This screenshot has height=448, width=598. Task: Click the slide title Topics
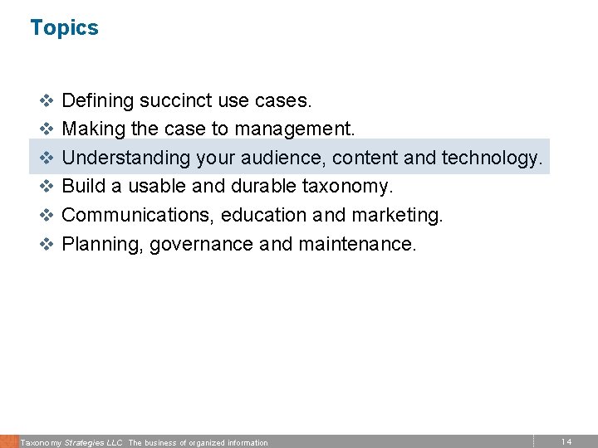coord(64,28)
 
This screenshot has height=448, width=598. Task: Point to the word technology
coord(492,158)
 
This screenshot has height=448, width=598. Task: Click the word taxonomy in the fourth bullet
coord(350,187)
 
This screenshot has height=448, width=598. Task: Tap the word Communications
coord(131,216)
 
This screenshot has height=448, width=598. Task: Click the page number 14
coord(566,441)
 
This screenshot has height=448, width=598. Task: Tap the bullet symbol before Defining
coord(47,102)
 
